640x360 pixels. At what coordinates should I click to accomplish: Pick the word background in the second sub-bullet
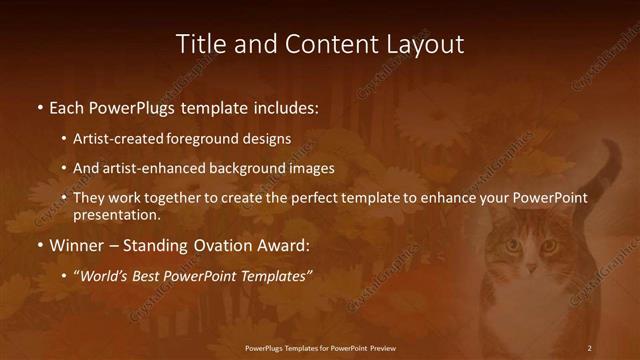248,168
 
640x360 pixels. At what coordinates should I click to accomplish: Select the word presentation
116,214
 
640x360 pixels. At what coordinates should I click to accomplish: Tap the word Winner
78,245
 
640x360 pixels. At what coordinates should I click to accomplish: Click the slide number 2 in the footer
589,348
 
